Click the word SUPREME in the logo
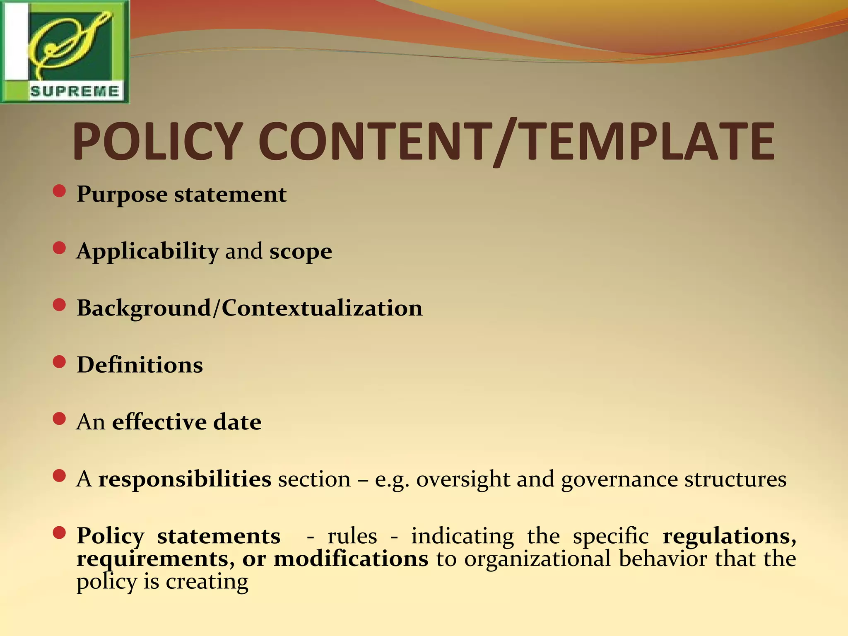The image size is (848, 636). click(75, 91)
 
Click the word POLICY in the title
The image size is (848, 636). click(157, 142)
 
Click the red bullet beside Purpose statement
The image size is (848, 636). click(60, 191)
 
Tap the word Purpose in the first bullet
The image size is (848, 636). click(122, 195)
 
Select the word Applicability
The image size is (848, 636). click(147, 251)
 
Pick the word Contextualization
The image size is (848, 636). click(322, 308)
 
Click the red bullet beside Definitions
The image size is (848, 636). click(60, 362)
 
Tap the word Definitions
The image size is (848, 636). click(140, 365)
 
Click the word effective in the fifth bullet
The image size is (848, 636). click(159, 422)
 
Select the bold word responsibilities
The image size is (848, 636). click(185, 479)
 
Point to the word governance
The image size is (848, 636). click(619, 479)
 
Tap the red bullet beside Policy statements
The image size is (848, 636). click(60, 533)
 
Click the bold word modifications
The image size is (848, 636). click(351, 559)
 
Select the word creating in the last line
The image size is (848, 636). click(207, 581)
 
